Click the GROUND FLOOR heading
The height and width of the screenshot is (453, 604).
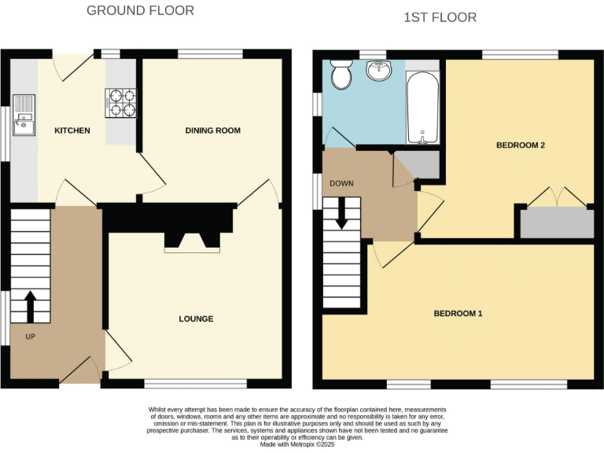(x=140, y=10)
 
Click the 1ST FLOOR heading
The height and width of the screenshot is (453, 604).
(x=440, y=17)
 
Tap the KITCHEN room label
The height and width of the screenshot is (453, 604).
(x=72, y=131)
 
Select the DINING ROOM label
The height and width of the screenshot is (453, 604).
(x=212, y=130)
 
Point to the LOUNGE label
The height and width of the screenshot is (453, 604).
(x=196, y=319)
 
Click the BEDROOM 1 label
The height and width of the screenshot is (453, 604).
(x=458, y=313)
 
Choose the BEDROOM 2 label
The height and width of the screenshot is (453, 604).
(x=521, y=145)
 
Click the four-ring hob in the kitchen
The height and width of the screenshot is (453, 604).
(x=120, y=101)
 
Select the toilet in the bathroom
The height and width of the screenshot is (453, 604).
(x=342, y=75)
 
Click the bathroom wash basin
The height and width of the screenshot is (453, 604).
(x=380, y=72)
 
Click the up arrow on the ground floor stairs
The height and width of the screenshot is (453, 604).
(x=31, y=307)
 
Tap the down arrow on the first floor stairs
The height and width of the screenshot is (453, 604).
(x=341, y=212)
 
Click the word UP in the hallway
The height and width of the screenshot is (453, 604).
(x=30, y=337)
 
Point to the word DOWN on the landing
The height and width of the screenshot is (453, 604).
(x=341, y=183)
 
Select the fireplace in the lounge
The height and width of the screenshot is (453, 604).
(x=186, y=241)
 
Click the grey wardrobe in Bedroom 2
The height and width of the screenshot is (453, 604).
(x=557, y=223)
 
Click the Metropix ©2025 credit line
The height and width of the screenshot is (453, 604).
(x=301, y=446)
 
